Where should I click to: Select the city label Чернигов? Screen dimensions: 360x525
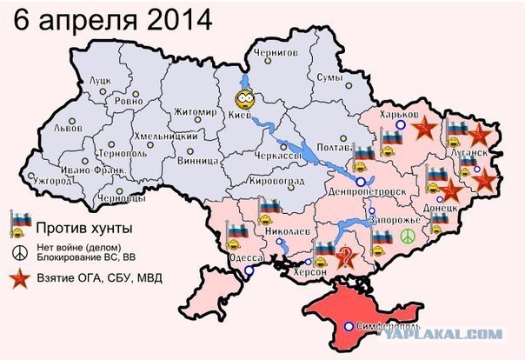point(276,53)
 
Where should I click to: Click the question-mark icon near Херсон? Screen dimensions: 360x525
point(345,257)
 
